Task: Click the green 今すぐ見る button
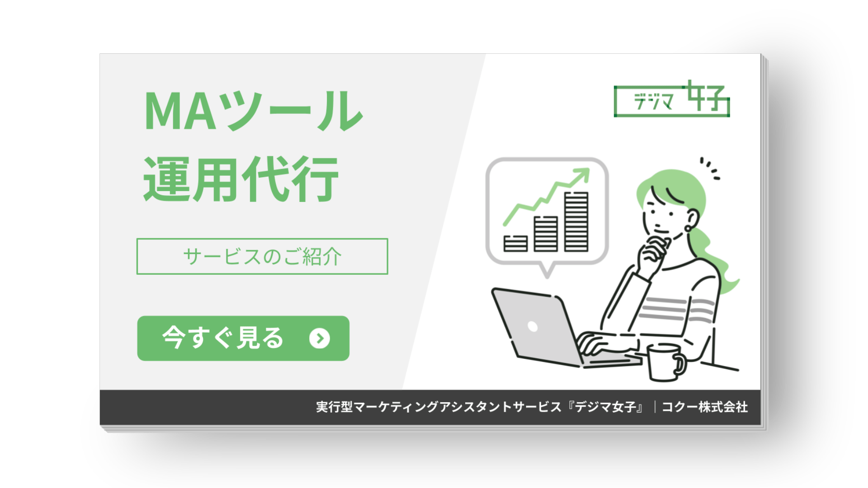coord(243,338)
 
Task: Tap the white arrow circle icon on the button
coord(320,338)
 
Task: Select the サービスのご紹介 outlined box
coord(262,256)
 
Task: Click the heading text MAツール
coord(253,111)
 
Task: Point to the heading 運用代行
coord(241,179)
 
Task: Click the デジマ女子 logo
coord(672,100)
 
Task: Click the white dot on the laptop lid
coord(533,326)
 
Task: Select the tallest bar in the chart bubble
coord(576,221)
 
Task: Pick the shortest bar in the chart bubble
coord(515,243)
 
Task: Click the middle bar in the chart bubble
coord(546,234)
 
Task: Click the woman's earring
coord(688,229)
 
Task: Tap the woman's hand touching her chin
coord(651,253)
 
